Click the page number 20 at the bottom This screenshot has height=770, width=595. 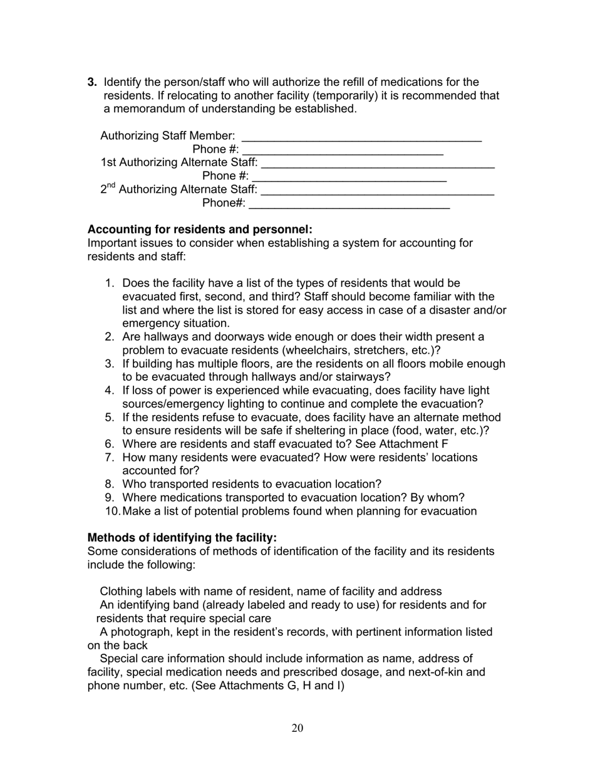297,727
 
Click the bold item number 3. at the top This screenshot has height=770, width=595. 92,82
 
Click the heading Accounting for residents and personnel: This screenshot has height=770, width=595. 200,230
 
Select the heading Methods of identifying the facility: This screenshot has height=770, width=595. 182,538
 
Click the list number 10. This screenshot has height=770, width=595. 112,511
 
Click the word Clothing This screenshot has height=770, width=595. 121,592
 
